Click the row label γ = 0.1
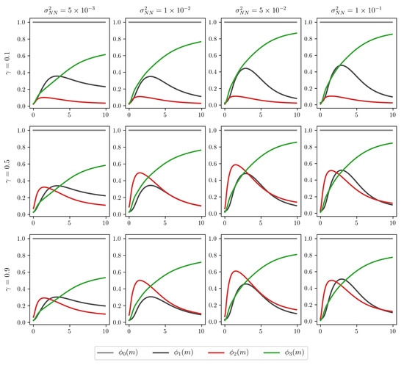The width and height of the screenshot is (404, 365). click(7, 61)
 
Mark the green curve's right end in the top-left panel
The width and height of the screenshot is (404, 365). click(105, 54)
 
